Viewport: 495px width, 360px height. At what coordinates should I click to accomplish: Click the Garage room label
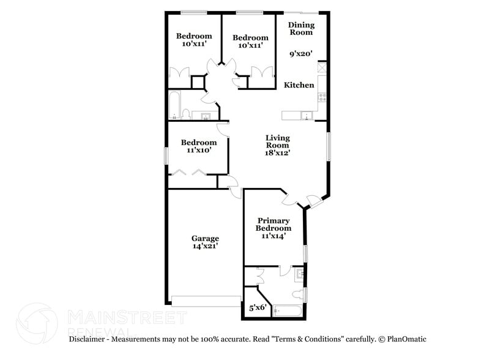click(205, 238)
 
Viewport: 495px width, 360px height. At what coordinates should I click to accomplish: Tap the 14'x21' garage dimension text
click(205, 246)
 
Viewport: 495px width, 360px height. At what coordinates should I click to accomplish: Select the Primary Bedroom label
click(274, 224)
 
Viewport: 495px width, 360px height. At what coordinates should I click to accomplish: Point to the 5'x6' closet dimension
click(256, 309)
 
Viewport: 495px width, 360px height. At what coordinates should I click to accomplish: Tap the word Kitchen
click(299, 85)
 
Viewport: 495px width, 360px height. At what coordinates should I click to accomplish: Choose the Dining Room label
click(301, 28)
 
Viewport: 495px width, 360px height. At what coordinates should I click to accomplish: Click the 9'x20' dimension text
click(301, 53)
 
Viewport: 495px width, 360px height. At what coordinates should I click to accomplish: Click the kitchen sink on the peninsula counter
click(306, 114)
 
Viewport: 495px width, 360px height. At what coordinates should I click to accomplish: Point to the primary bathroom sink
click(299, 274)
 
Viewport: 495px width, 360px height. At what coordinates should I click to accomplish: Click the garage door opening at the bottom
click(206, 301)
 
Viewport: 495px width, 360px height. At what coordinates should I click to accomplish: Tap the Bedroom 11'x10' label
click(199, 146)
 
